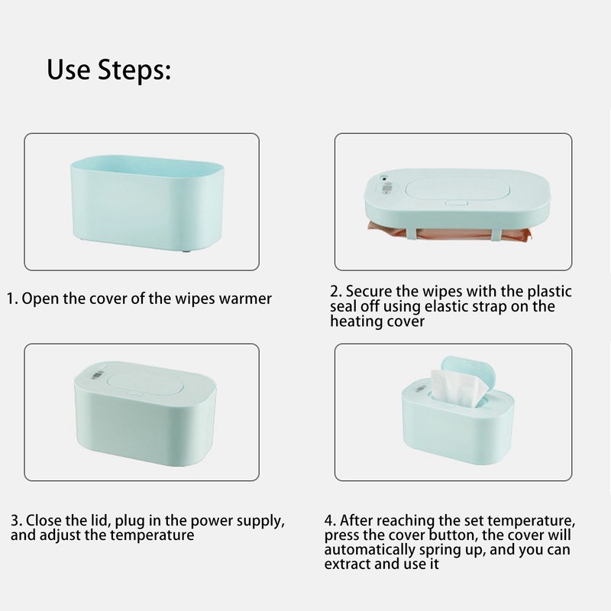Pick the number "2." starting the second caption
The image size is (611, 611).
pos(335,292)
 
